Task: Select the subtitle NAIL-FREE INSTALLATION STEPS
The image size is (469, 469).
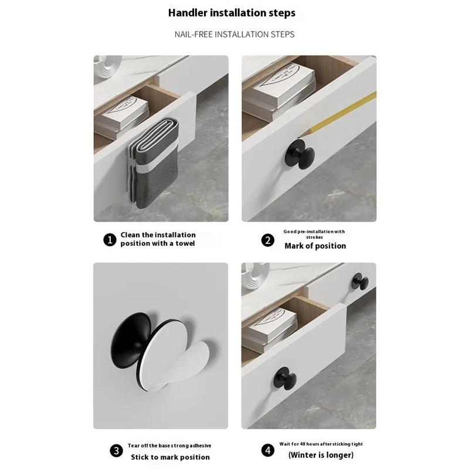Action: [235, 34]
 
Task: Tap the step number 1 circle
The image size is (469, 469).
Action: [110, 239]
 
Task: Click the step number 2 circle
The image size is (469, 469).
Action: [268, 240]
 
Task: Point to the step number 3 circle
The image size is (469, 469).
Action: [116, 451]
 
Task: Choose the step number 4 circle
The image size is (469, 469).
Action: [268, 451]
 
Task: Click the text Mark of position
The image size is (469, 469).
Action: [315, 246]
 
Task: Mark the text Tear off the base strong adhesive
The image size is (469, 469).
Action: [169, 446]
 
